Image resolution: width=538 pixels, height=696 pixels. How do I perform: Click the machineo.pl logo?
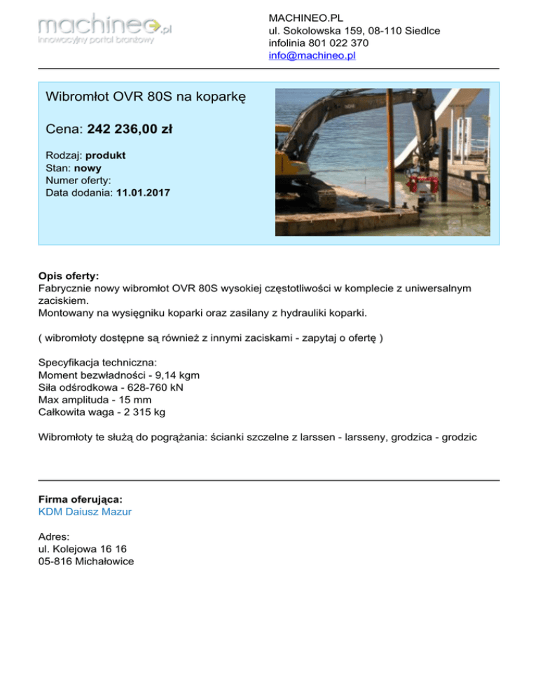pyautogui.click(x=105, y=32)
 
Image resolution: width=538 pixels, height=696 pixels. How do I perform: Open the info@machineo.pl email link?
pyautogui.click(x=312, y=55)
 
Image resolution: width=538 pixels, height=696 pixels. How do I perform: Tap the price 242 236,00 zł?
pyautogui.click(x=130, y=129)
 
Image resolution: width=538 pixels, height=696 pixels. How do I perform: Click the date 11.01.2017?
pyautogui.click(x=143, y=192)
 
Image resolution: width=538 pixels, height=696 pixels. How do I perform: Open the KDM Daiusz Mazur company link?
pyautogui.click(x=85, y=512)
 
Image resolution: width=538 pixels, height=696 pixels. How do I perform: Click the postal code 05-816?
pyautogui.click(x=56, y=561)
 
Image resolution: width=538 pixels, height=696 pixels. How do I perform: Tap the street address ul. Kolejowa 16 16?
pyautogui.click(x=83, y=548)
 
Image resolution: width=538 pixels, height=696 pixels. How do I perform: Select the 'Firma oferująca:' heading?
pyautogui.click(x=81, y=499)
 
